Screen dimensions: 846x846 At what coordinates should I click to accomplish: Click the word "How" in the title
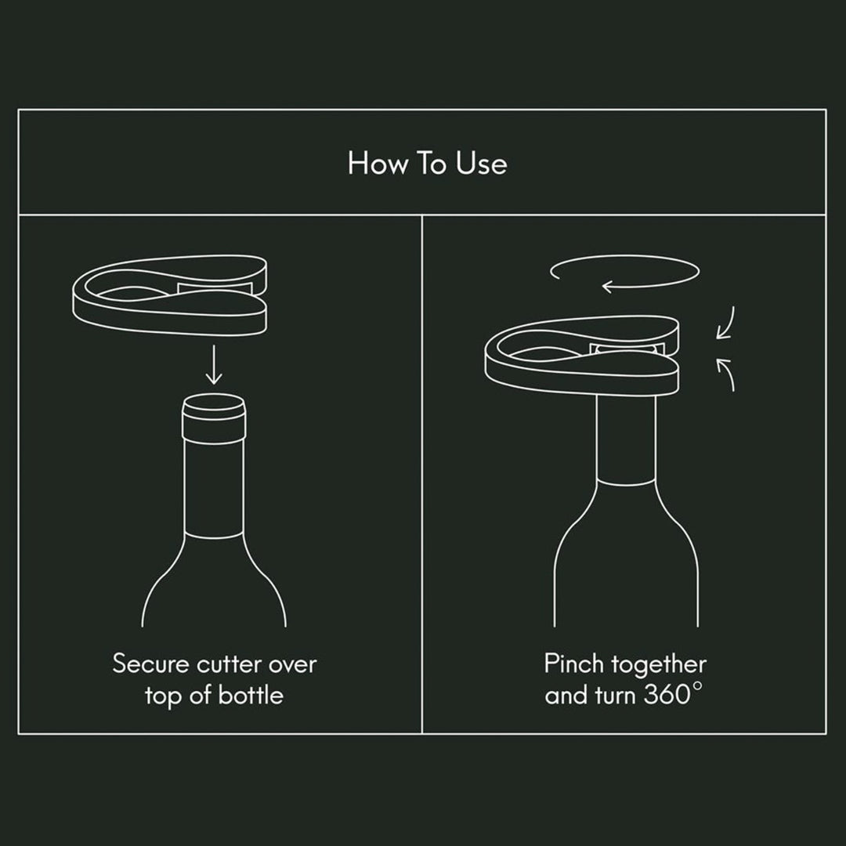pos(377,163)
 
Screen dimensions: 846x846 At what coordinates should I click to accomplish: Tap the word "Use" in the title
pos(481,163)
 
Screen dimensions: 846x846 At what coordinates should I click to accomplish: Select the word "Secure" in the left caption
pos(150,663)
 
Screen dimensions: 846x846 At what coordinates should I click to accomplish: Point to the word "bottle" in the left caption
pos(251,695)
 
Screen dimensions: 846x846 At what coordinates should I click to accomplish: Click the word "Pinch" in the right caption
pos(573,663)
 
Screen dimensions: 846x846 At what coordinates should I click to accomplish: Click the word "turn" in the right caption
pos(616,696)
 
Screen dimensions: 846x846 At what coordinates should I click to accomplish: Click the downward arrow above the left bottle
pos(214,365)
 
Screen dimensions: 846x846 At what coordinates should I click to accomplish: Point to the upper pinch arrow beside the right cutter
pos(726,324)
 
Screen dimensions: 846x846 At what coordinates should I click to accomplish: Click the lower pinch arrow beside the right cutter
pos(728,374)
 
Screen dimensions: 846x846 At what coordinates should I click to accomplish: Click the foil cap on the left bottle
pos(214,418)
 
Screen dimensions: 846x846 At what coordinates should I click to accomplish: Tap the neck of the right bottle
pos(626,439)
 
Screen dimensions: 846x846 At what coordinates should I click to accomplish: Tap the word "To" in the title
pos(431,163)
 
